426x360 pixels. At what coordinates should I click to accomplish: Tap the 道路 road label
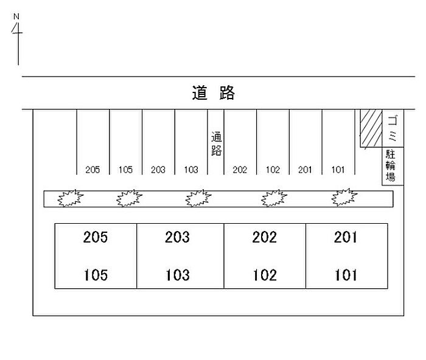213,93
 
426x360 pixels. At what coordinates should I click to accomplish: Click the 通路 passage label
216,145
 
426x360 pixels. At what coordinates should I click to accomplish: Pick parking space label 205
93,170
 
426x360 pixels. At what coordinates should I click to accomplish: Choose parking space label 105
125,170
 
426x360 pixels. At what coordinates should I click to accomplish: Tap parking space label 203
158,170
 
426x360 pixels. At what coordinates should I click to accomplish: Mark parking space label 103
191,170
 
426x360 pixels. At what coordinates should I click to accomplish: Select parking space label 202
240,170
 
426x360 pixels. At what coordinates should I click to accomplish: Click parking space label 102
273,170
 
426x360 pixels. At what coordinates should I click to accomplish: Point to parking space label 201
305,170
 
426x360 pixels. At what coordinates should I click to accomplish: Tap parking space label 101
338,170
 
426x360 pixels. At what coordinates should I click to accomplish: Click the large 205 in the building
96,237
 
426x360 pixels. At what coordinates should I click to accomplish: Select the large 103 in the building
177,275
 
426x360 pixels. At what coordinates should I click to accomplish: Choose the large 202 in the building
265,237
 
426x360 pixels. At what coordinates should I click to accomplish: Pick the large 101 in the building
346,275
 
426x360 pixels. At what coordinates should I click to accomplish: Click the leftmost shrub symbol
70,198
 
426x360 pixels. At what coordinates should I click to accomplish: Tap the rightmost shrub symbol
344,198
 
